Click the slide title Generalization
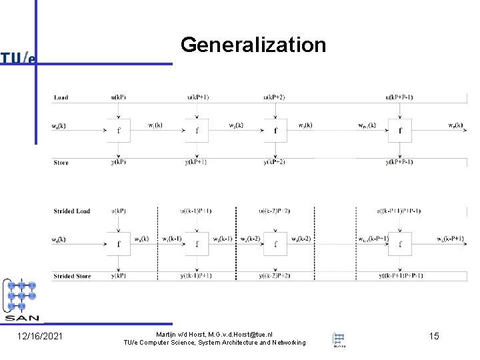tap(253, 45)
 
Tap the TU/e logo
tap(18, 58)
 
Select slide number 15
tap(433, 336)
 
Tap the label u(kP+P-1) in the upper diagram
tap(399, 97)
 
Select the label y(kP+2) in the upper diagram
tap(274, 162)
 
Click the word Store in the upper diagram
tap(61, 162)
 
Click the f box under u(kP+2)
tap(275, 130)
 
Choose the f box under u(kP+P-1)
tap(400, 130)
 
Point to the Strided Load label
tap(71, 211)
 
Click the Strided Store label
tap(72, 276)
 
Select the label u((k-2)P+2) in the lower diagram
tap(274, 211)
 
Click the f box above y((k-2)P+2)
tap(275, 243)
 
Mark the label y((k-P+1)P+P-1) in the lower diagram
tap(400, 276)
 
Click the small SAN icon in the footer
tap(339, 339)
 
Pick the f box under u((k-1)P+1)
tap(197, 243)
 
